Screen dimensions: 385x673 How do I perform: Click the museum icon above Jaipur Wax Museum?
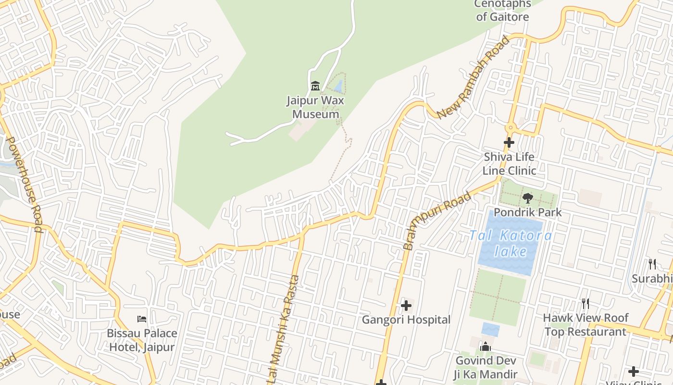point(315,86)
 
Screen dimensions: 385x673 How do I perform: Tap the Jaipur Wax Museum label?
point(316,107)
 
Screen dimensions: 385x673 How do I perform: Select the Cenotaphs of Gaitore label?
point(502,10)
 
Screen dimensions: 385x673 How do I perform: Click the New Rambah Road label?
point(474,77)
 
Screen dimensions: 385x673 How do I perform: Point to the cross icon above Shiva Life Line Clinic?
point(509,142)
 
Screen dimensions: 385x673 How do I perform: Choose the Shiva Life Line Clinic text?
point(510,164)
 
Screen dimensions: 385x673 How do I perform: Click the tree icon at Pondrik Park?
point(527,198)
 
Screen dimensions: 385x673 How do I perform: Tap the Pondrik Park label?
point(527,212)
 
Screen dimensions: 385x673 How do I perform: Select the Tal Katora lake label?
point(511,244)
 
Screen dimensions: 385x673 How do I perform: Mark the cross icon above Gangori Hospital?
point(406,305)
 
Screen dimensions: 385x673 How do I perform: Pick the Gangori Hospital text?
point(406,320)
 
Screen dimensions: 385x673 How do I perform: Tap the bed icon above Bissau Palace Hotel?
point(142,319)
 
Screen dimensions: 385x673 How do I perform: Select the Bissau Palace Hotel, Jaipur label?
point(142,340)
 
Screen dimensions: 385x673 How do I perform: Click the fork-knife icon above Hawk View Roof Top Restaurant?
point(586,303)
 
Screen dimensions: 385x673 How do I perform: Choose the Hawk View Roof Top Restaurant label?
point(586,325)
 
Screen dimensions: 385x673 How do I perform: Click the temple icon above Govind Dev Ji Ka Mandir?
point(486,346)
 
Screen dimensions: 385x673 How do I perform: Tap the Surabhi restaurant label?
point(651,279)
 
